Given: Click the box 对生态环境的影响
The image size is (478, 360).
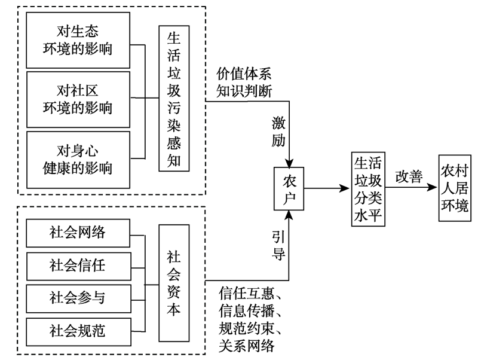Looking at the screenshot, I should click(x=78, y=39).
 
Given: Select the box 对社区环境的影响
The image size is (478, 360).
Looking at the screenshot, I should click(x=78, y=99).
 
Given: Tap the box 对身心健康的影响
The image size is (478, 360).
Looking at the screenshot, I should click(x=78, y=158).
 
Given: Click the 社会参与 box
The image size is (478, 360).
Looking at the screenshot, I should click(x=78, y=296).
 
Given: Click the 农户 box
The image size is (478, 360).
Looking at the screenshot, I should click(x=289, y=188).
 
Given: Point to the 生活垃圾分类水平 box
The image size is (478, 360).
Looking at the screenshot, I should click(x=368, y=189).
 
